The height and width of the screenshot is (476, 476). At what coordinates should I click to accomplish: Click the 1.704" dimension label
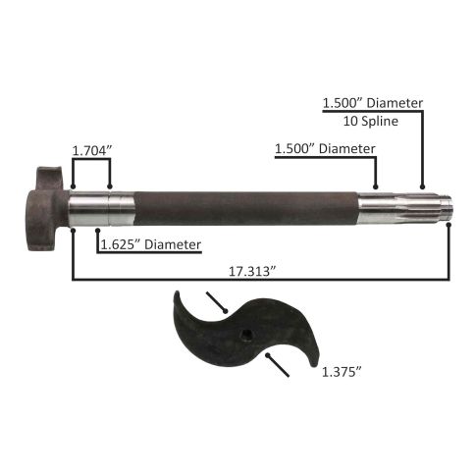[92, 151]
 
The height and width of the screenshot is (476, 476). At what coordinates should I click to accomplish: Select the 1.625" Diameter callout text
[151, 244]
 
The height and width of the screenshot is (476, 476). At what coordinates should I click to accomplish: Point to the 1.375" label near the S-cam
[342, 372]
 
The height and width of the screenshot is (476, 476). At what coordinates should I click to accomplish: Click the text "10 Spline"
[371, 122]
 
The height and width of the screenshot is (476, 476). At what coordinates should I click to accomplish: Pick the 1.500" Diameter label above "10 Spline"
[373, 103]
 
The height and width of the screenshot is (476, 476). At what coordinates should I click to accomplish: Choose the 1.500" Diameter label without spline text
[325, 149]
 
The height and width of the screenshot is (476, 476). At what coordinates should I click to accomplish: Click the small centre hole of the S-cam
[244, 335]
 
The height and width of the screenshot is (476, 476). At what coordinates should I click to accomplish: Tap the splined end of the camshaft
[405, 208]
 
